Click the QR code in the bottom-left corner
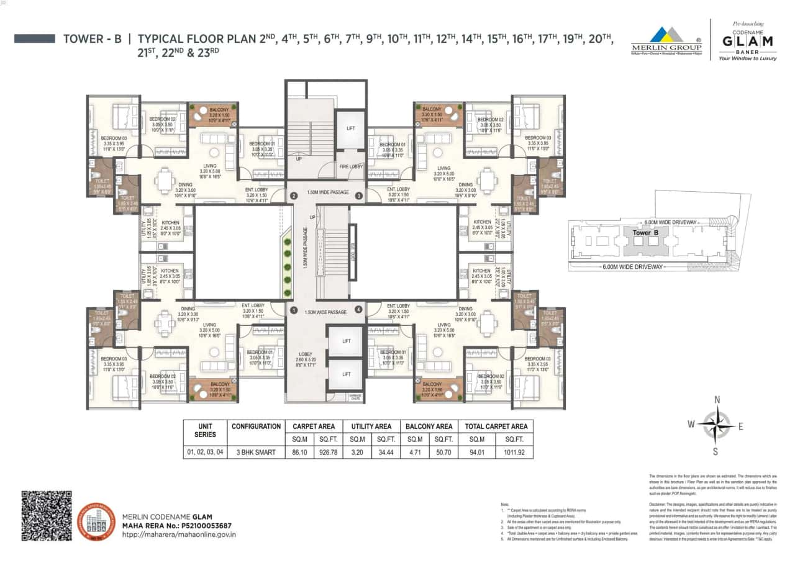pos(47,515)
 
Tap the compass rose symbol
pos(716,425)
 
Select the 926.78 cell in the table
pos(329,452)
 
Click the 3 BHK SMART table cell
pos(255,452)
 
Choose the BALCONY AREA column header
pos(429,426)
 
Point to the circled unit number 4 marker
pos(358,309)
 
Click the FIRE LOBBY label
pos(350,167)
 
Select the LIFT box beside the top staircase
pos(351,128)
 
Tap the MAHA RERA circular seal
pos(96,521)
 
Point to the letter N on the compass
pos(717,400)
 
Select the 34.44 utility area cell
pos(386,452)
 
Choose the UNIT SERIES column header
pos(204,430)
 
